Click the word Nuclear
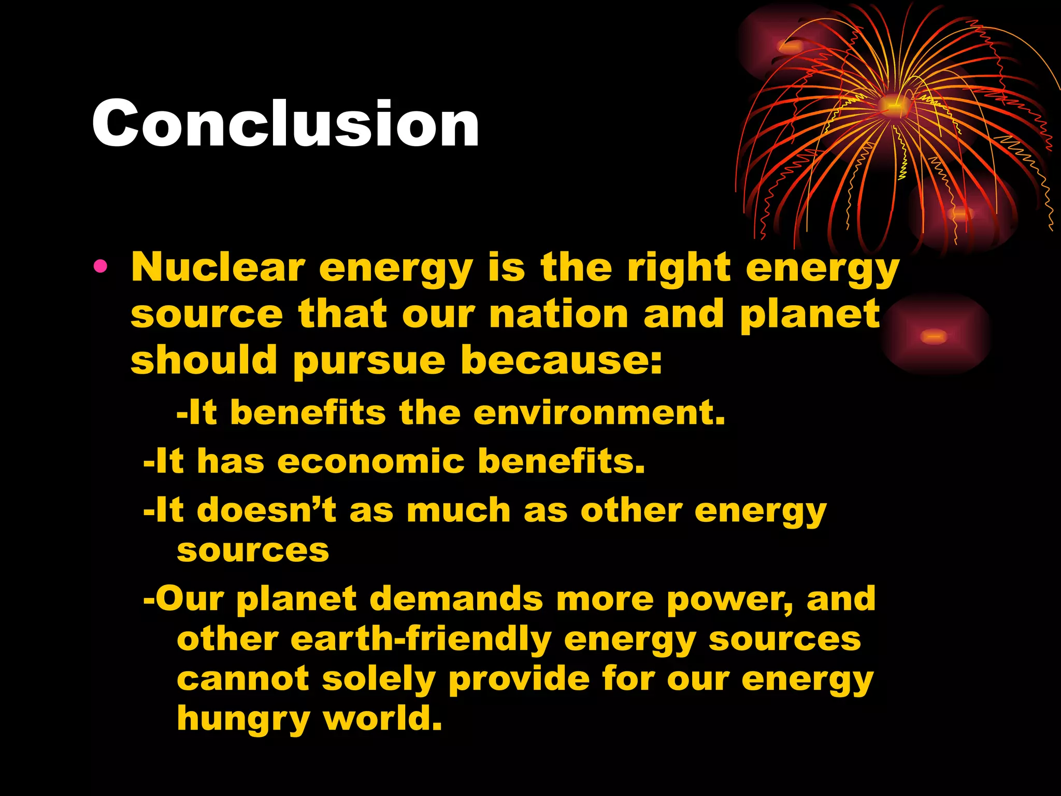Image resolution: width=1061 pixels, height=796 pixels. pos(218,268)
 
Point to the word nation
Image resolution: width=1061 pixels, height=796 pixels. pos(558,315)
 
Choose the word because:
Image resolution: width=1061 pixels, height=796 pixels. pos(562,360)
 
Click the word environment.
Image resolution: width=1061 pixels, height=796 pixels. pos(599,413)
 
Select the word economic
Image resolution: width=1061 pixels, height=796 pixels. pos(371,461)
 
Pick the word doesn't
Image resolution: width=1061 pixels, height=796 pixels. pos(266,510)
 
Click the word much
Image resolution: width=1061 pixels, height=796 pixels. pos(459,510)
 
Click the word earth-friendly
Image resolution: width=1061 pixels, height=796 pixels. pos(421,639)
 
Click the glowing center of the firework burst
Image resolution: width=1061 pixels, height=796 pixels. pos(893,105)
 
